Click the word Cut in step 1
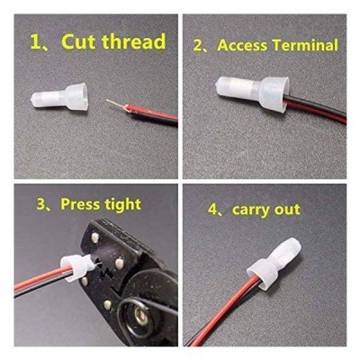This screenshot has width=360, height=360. point(79,41)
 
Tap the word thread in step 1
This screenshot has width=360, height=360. point(134,41)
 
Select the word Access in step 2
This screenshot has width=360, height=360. point(242,45)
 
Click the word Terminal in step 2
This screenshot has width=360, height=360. point(305,45)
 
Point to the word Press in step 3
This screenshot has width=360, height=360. point(80,204)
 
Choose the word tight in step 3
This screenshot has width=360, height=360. point(123,205)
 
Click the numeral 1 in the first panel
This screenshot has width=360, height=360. point(35,41)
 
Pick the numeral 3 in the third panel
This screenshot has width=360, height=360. point(40,204)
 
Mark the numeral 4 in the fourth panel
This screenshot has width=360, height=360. point(212,210)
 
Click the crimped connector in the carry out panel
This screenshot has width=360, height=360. point(272,263)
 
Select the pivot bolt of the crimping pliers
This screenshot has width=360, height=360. point(139,314)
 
